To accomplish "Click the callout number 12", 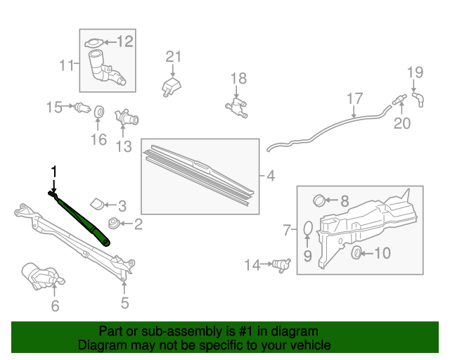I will click(x=124, y=41).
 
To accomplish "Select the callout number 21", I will click(x=174, y=57).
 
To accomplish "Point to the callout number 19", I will click(x=416, y=72).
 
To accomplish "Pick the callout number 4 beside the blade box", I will click(x=271, y=175).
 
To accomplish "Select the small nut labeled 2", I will click(x=112, y=225).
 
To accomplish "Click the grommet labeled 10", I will click(x=355, y=252).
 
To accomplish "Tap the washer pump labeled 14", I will click(x=281, y=265).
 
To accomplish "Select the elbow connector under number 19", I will click(x=418, y=98).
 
